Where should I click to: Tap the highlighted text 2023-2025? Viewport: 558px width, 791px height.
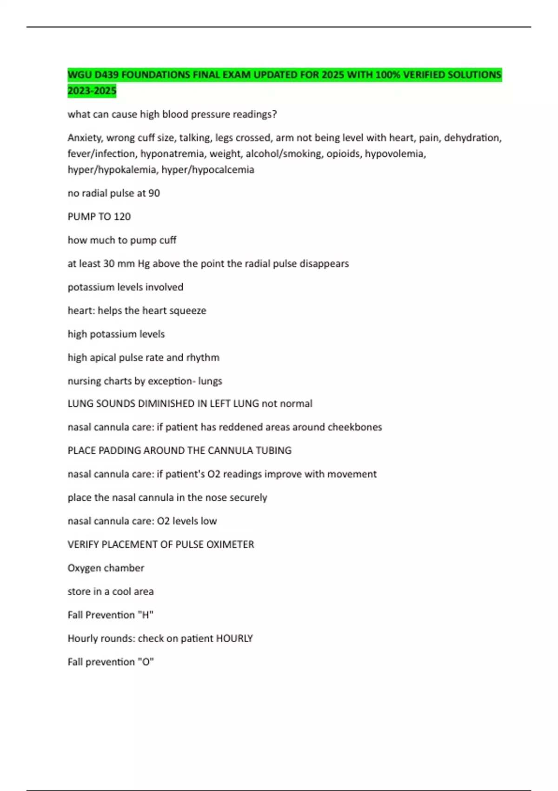tap(92, 91)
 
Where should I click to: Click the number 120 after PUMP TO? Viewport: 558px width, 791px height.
tap(122, 216)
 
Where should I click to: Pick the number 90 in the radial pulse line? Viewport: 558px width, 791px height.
tap(154, 193)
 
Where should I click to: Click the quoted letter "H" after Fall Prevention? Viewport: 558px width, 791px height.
tap(147, 615)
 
